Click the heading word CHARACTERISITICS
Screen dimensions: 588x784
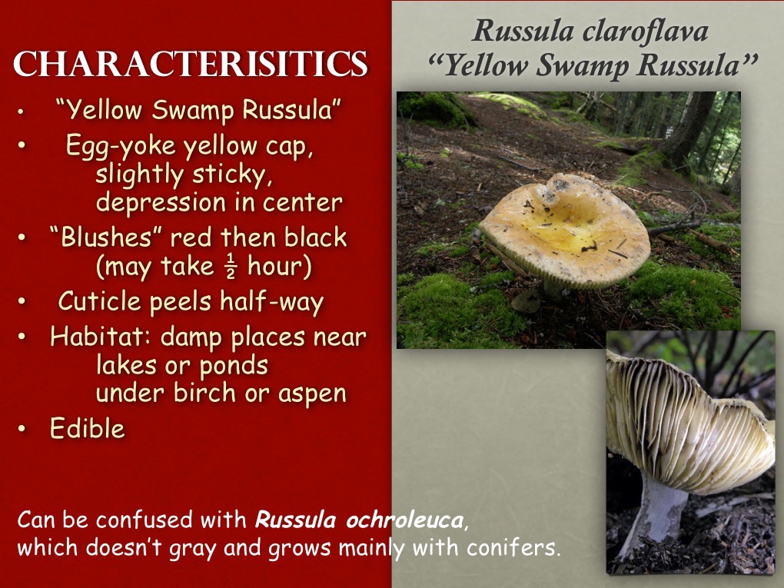point(190,65)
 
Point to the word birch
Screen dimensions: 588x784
point(211,393)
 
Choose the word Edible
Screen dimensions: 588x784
point(87,428)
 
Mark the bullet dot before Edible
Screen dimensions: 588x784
point(23,429)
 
